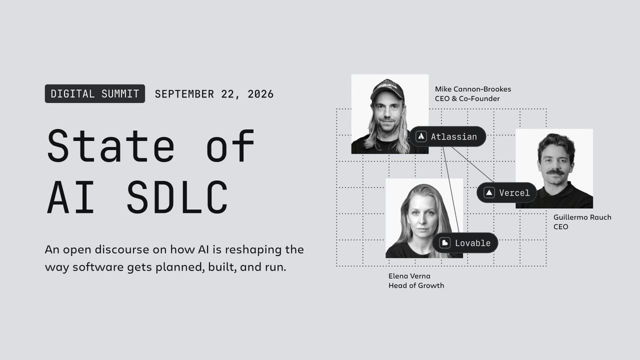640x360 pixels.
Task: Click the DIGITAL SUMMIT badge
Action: point(95,94)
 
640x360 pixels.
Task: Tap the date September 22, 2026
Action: point(214,94)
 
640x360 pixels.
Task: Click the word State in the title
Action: point(111,146)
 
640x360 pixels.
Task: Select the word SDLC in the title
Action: point(178,197)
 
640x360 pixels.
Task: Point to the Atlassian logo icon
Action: point(421,137)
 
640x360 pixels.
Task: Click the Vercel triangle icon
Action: point(489,193)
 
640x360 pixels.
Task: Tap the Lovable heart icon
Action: point(445,243)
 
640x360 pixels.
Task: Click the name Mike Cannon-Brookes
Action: point(473,89)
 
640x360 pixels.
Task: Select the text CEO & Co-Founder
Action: point(467,99)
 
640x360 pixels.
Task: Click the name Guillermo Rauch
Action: point(582,218)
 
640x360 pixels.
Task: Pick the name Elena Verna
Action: point(409,276)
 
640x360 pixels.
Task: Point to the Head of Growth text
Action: point(416,285)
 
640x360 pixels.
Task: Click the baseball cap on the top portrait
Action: point(387,89)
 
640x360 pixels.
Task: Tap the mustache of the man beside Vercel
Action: point(555,172)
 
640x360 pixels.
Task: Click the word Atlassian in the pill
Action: point(454,137)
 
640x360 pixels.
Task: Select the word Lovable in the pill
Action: point(473,243)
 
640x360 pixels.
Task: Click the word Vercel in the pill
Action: point(514,193)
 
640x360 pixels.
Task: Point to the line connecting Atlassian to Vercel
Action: point(473,165)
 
